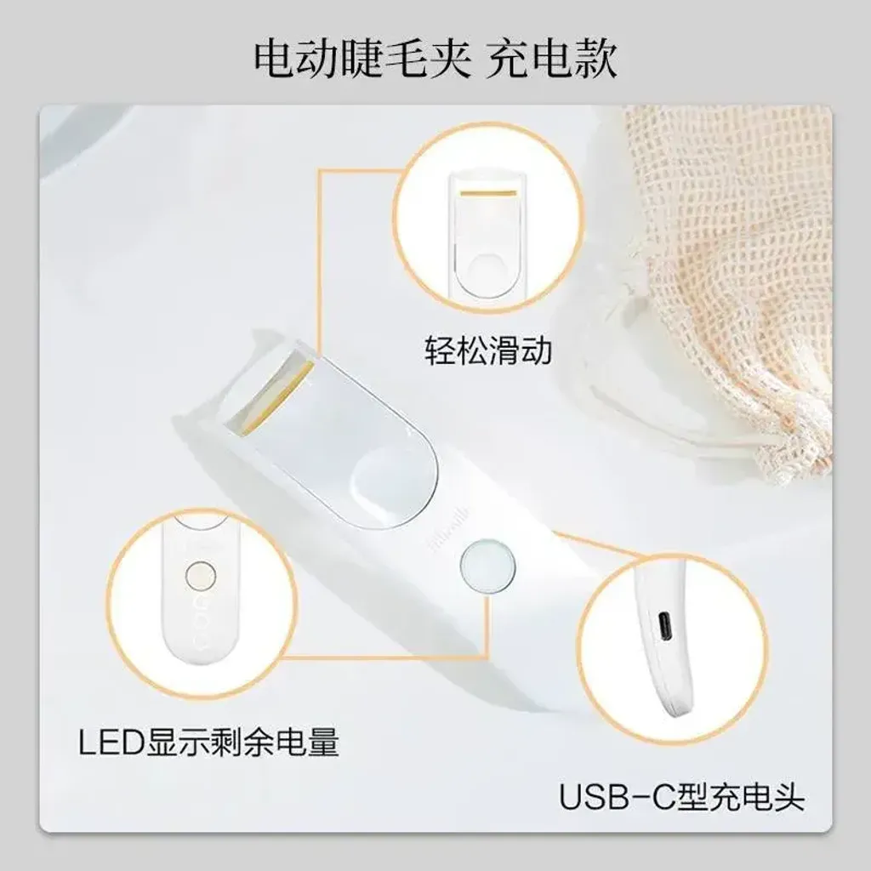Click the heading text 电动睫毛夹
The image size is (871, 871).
click(x=362, y=59)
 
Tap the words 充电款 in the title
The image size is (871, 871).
click(x=551, y=59)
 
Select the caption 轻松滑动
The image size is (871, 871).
click(x=488, y=350)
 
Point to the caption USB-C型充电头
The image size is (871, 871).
click(x=681, y=796)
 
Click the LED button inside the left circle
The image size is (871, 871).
click(x=201, y=576)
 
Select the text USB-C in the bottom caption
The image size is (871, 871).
click(x=615, y=797)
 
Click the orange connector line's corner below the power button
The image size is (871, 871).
click(x=487, y=657)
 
